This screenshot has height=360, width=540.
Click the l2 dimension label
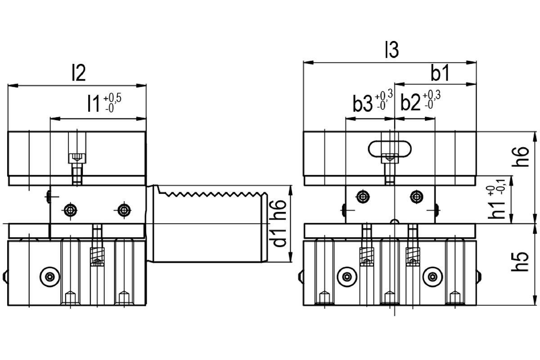point(79,72)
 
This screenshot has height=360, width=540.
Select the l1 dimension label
point(94,103)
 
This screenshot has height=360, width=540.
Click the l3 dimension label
point(392,50)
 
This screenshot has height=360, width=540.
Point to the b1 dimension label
point(440,73)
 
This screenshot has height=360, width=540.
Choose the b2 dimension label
point(410,103)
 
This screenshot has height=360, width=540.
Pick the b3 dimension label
point(363,104)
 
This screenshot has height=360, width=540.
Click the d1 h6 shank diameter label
point(279,223)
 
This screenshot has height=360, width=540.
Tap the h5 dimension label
point(520,261)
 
